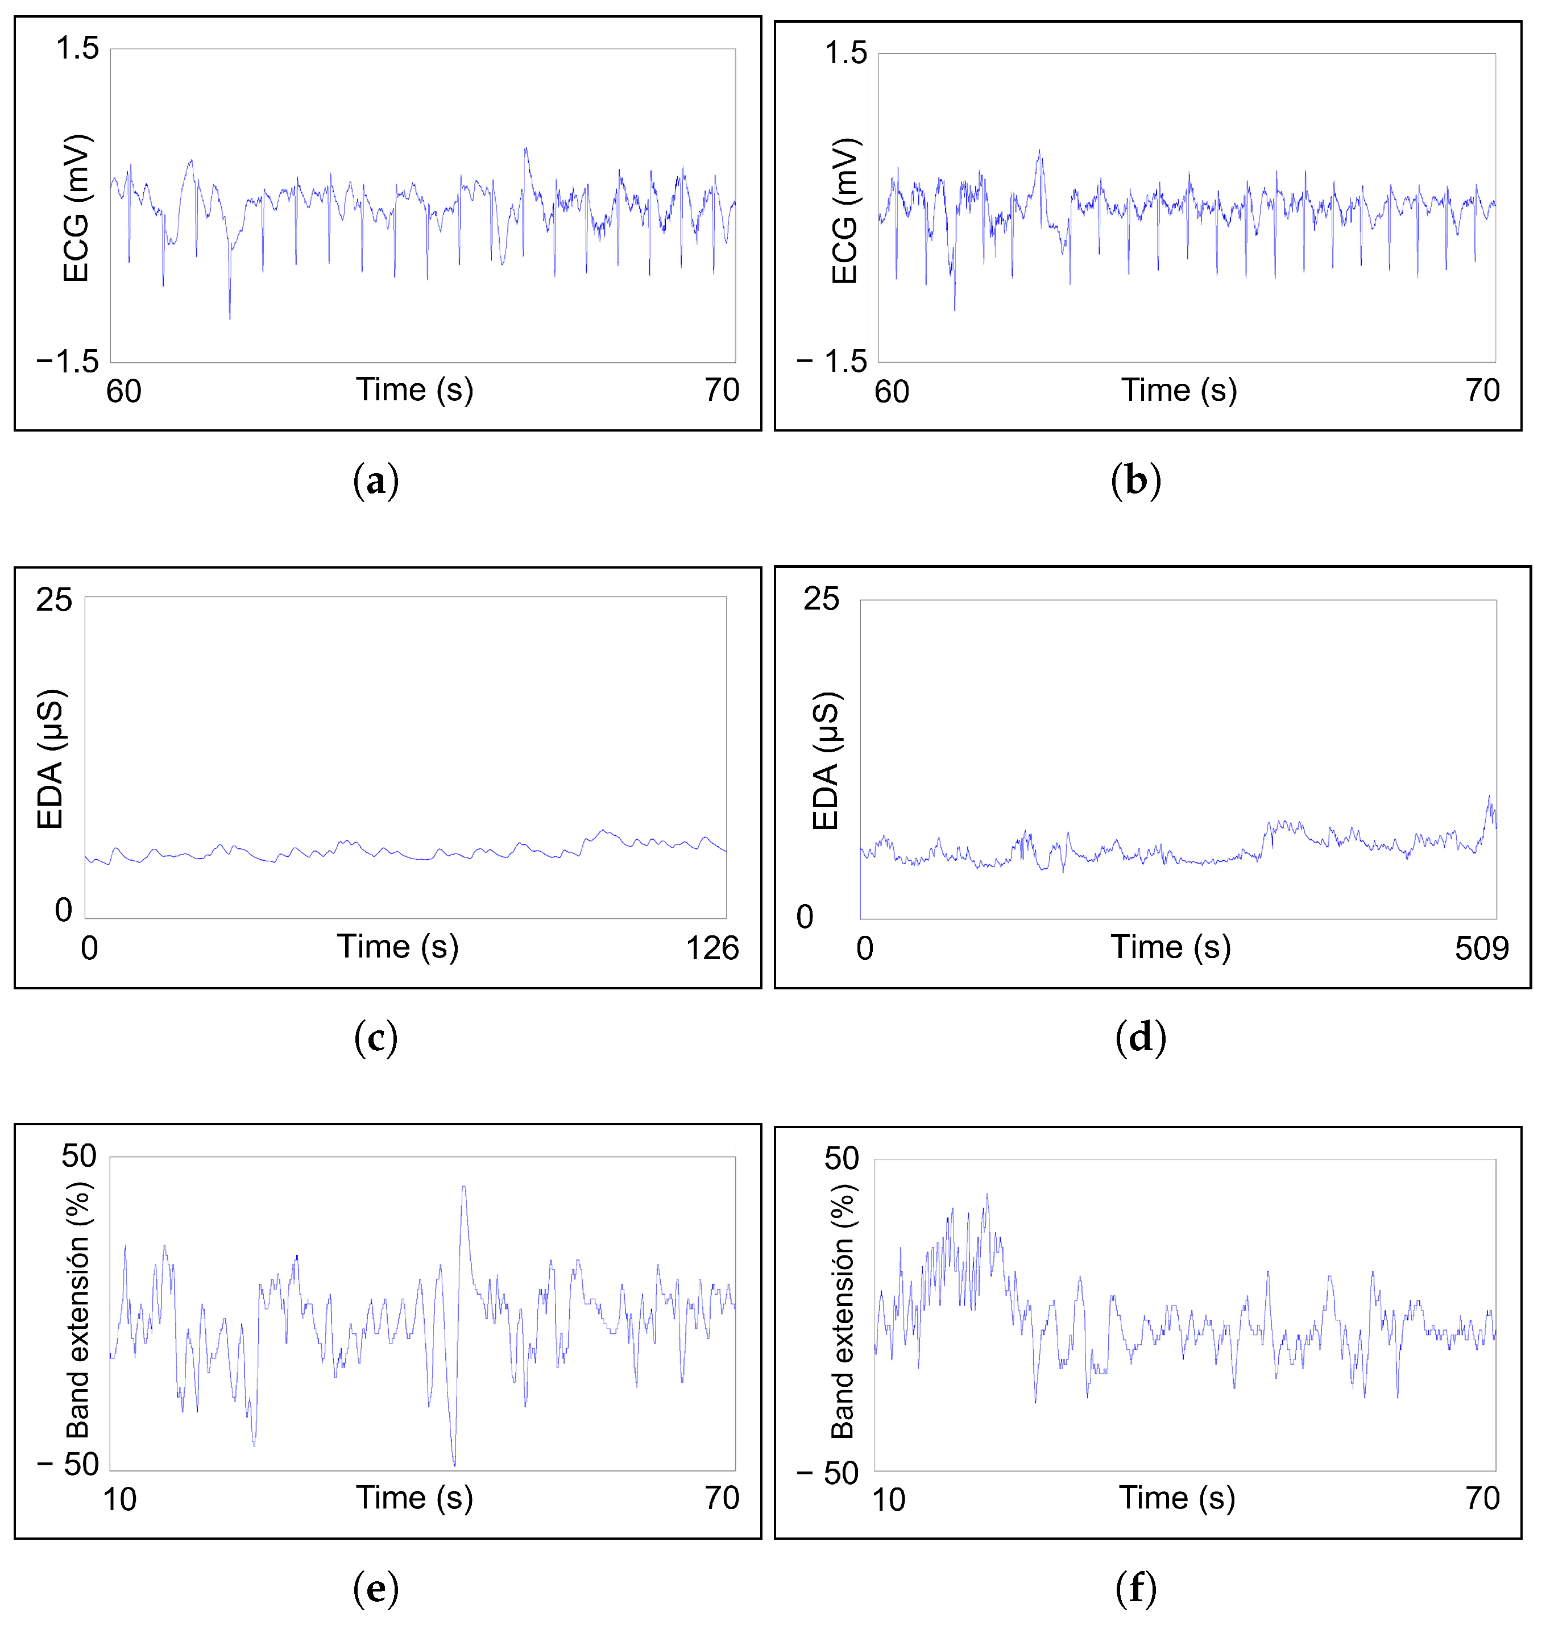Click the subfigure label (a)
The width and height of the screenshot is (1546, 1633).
coord(376,480)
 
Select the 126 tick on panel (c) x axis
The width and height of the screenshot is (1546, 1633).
coord(712,948)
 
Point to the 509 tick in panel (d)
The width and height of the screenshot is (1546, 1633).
coord(1481,948)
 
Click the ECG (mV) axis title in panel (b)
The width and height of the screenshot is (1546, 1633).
coord(845,211)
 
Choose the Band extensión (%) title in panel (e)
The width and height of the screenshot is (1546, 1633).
coord(78,1310)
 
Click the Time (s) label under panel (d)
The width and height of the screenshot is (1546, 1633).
coord(1170,947)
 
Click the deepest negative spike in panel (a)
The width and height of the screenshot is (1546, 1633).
coord(229,317)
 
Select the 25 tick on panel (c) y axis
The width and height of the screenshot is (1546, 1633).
coord(53,599)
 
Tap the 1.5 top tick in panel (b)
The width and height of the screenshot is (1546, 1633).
coord(845,53)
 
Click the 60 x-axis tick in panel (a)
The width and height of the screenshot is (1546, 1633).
coord(123,391)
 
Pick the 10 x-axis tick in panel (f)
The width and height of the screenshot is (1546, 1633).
coord(888,1499)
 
